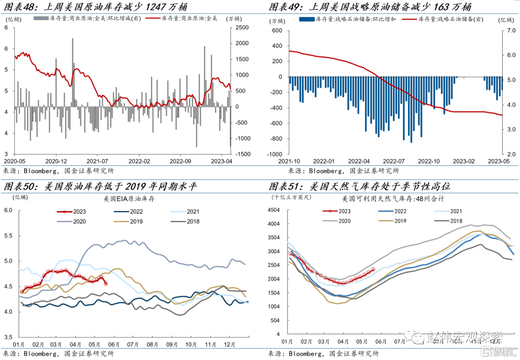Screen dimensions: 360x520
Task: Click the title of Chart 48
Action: pos(96,7)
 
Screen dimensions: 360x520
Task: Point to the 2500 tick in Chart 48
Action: pos(241,27)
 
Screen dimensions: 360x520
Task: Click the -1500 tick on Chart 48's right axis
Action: pos(241,154)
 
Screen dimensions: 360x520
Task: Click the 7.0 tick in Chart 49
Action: pos(510,30)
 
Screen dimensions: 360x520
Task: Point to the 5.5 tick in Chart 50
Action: pos(9,236)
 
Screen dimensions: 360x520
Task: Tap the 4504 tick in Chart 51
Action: pos(274,210)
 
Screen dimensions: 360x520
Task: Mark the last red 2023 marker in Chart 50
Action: pos(106,283)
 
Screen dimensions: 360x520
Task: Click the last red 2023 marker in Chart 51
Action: pos(373,269)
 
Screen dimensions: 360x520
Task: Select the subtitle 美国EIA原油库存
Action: pos(128,199)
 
